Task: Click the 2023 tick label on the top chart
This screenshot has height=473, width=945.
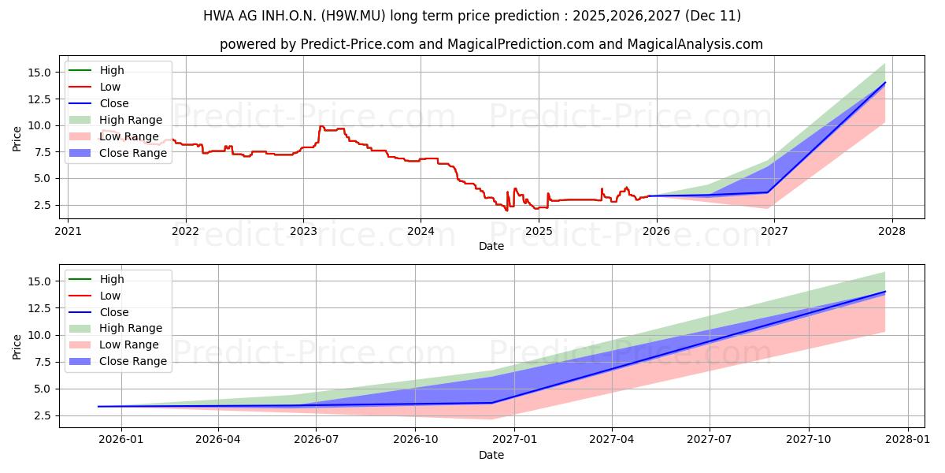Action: click(303, 231)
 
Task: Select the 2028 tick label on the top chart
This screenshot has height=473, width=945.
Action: click(891, 231)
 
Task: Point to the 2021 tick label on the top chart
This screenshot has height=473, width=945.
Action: click(68, 231)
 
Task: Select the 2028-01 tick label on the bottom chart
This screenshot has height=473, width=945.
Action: click(908, 440)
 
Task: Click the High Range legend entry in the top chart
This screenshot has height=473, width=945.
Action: click(131, 120)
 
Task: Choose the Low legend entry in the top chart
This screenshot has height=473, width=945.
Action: click(110, 87)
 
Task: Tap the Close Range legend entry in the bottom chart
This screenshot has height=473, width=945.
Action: click(133, 361)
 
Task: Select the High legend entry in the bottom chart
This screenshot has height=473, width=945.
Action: click(112, 279)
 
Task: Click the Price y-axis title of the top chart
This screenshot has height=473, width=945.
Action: click(17, 138)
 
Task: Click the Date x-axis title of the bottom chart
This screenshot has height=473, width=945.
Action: click(491, 455)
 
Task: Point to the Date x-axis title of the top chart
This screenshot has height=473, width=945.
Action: click(491, 246)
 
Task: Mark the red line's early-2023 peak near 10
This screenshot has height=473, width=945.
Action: click(321, 126)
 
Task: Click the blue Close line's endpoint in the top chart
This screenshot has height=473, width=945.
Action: click(885, 83)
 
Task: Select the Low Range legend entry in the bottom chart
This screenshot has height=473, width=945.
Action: click(129, 345)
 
